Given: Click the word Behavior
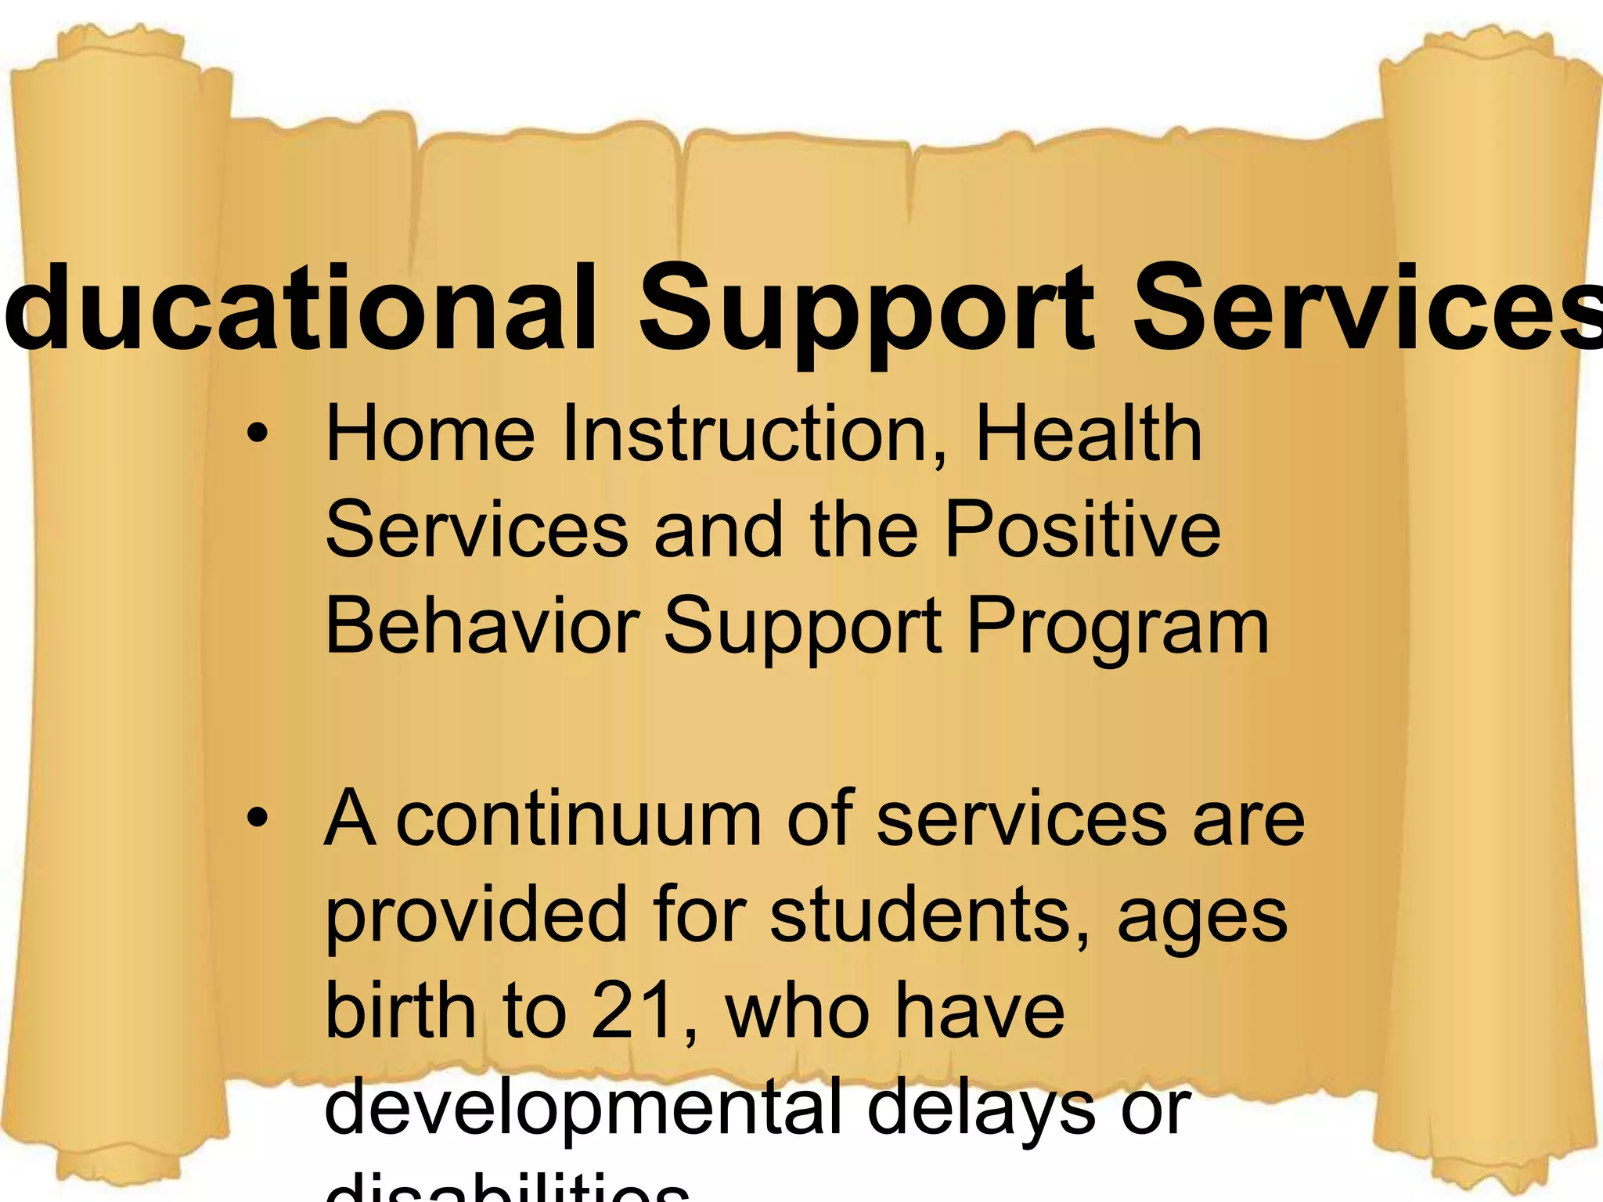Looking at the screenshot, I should coord(482,625).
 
